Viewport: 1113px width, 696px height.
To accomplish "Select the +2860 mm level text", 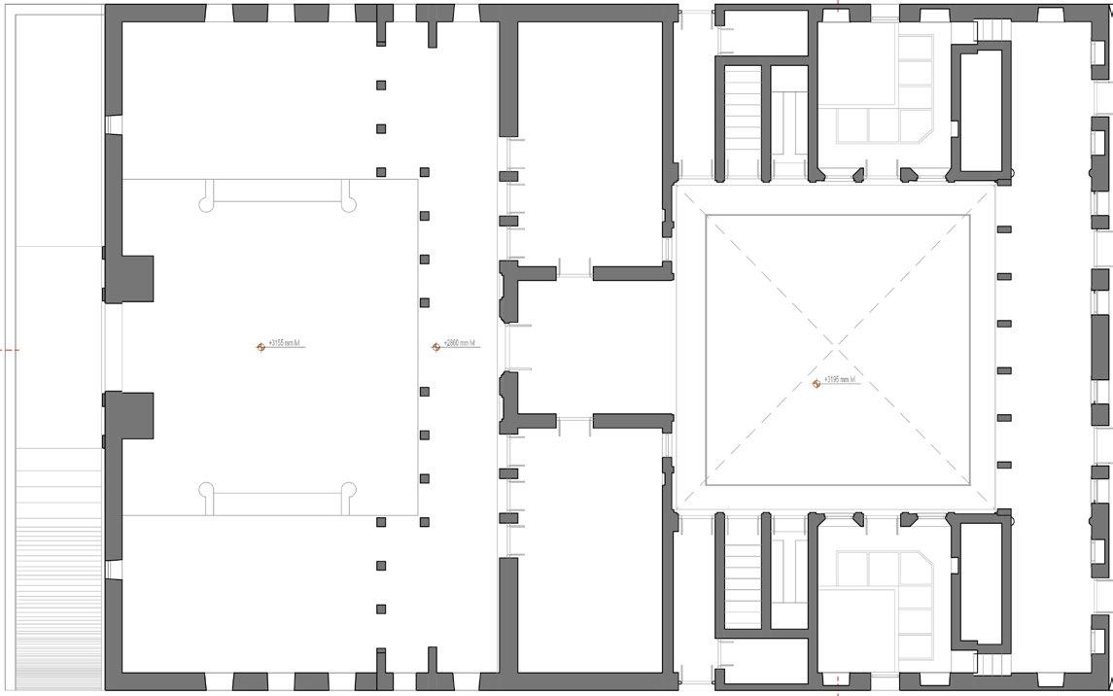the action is (x=461, y=343).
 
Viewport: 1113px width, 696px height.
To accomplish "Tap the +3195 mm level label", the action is (x=839, y=379).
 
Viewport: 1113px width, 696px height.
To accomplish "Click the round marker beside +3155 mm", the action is (x=261, y=347).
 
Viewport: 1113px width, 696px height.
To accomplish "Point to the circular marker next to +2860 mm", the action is (x=436, y=347).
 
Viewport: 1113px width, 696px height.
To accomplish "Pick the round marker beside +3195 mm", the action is (x=817, y=384).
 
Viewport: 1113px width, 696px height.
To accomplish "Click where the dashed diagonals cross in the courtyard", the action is (x=837, y=349).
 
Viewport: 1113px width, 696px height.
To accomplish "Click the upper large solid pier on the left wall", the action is (x=130, y=279).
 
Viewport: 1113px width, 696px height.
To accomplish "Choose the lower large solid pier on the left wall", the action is (x=130, y=417).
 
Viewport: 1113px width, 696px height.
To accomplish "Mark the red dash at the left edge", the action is (x=9, y=348).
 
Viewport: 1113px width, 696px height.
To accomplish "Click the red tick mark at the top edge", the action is (x=837, y=4).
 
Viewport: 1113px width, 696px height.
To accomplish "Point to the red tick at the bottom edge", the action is (x=837, y=691).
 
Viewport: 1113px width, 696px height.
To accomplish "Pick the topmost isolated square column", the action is (x=381, y=86).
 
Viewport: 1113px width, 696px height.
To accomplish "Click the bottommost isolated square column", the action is (x=381, y=609).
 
